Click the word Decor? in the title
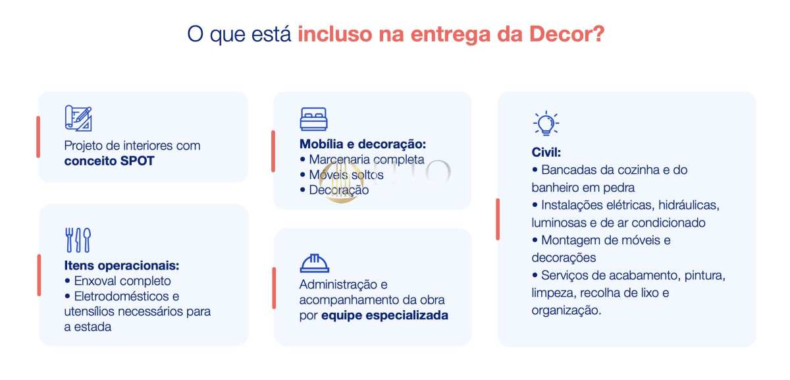(567, 34)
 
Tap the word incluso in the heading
(335, 34)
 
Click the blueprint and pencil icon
(78, 118)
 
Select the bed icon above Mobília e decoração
(313, 119)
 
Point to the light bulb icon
(546, 123)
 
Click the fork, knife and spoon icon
(78, 240)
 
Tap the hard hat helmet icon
(314, 263)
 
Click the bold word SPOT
(137, 161)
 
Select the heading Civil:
(546, 152)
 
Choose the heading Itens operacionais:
(122, 265)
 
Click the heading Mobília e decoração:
(363, 144)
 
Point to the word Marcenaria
(339, 159)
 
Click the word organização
(566, 310)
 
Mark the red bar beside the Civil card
(498, 219)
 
